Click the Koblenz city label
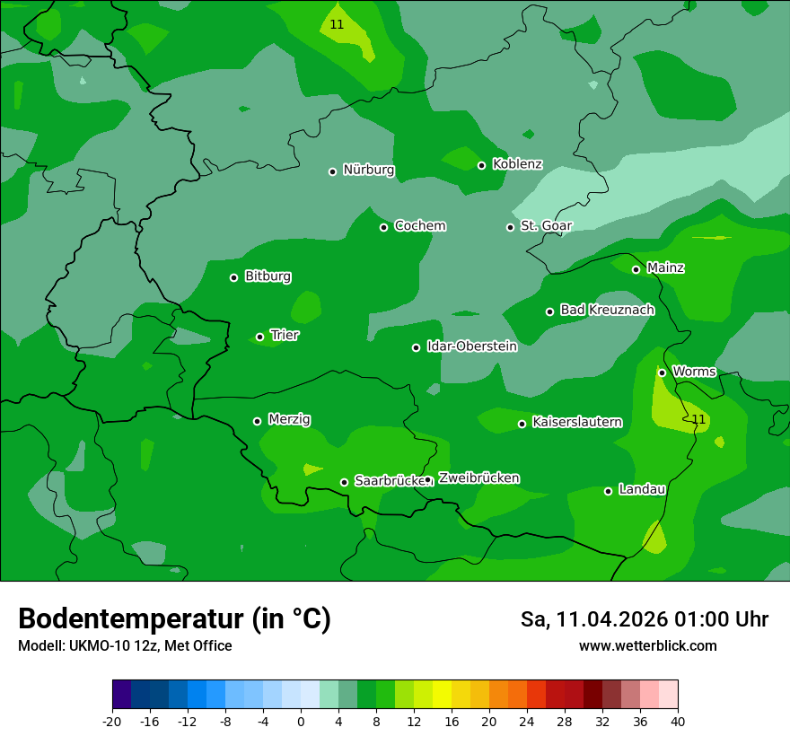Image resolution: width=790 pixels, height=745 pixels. (x=517, y=164)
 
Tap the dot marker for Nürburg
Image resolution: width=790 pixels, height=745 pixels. (x=332, y=171)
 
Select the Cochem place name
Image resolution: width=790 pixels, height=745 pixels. (x=419, y=226)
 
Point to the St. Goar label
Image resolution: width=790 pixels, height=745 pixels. (x=546, y=226)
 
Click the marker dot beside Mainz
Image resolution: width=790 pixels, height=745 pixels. (x=636, y=269)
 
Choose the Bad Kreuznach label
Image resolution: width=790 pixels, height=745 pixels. (x=607, y=310)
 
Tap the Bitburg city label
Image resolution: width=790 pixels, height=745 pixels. (x=268, y=276)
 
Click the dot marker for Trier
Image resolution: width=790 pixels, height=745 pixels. (x=259, y=337)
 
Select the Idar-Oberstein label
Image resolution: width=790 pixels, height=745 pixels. (x=471, y=346)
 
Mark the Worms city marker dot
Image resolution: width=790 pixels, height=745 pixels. (x=662, y=372)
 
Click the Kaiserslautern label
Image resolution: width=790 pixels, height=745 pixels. (x=576, y=422)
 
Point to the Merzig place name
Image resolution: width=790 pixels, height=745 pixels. (x=289, y=419)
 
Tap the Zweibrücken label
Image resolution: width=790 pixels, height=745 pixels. (x=478, y=478)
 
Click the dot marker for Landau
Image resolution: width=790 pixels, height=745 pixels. (x=608, y=491)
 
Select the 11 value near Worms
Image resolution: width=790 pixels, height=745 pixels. (x=698, y=419)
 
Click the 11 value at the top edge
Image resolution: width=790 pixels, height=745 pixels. (x=337, y=24)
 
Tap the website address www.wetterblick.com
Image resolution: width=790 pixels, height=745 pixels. (x=647, y=645)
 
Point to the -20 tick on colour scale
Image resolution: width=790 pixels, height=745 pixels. (x=112, y=722)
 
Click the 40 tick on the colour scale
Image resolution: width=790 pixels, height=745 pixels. (x=678, y=722)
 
